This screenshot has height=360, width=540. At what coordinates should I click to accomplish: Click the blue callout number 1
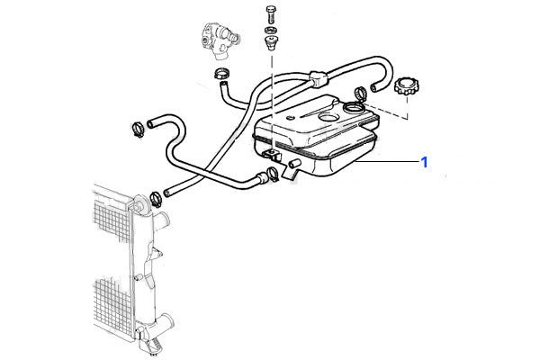tap(424, 162)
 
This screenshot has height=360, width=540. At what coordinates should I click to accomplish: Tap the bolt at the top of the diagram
tap(271, 14)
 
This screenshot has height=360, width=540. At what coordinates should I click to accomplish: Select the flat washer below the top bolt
tap(271, 30)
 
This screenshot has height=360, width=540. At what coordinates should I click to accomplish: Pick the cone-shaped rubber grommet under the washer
tap(271, 42)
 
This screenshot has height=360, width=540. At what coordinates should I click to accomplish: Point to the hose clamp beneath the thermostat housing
tap(222, 74)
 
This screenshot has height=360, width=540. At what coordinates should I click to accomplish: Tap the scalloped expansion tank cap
tap(407, 86)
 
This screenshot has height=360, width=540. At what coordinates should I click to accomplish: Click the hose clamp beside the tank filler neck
tap(361, 93)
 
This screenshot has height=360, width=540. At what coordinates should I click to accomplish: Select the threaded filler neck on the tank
tap(354, 108)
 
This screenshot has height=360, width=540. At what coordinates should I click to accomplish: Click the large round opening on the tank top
tap(329, 118)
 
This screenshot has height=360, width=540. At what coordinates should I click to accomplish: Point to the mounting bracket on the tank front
tap(273, 156)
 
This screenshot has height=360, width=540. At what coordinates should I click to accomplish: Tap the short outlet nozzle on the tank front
tap(295, 164)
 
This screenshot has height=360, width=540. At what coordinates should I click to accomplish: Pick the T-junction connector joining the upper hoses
tap(318, 79)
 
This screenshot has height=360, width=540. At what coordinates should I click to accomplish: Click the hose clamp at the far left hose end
tap(139, 130)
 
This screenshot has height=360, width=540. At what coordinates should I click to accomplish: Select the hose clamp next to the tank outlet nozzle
tap(273, 174)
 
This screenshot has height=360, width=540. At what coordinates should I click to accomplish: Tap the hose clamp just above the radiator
tap(156, 200)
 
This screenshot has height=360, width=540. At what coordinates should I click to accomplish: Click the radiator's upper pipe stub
tap(161, 220)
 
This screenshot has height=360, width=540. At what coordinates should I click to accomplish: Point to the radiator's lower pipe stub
tap(166, 322)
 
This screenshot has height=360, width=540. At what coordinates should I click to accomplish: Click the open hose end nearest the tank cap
tap(373, 88)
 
